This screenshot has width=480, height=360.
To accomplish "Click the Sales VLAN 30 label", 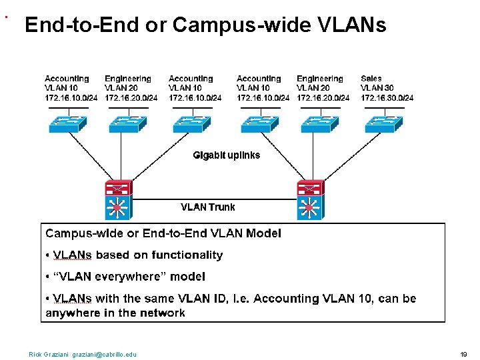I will click(x=377, y=83).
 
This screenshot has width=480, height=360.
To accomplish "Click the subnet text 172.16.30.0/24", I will click(x=387, y=98).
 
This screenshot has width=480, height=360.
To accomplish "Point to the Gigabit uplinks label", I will click(x=226, y=155).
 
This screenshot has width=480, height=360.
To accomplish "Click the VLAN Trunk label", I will click(x=208, y=207).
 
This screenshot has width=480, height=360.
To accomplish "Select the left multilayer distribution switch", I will click(x=118, y=199).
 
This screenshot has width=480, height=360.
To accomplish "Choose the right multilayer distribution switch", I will click(x=310, y=199).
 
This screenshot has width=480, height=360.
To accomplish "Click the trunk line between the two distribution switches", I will click(x=213, y=199).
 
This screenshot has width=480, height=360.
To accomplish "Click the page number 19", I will click(x=463, y=354).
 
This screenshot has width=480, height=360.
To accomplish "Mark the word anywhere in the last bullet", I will click(x=73, y=313).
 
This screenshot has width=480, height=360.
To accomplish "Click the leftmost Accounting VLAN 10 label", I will click(x=67, y=83).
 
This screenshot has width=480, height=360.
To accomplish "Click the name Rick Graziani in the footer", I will click(x=49, y=354).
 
